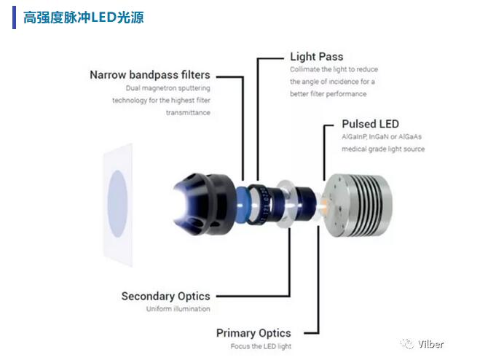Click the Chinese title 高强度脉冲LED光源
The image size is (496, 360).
click(x=84, y=17)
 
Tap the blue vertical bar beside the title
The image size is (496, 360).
click(x=15, y=17)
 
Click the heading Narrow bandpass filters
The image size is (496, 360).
click(x=150, y=75)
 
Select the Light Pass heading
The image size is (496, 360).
click(x=317, y=57)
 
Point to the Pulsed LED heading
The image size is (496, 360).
click(x=371, y=124)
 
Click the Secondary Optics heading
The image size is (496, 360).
click(x=166, y=297)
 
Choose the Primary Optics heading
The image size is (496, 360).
click(x=253, y=333)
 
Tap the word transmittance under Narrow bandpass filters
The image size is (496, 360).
click(x=188, y=113)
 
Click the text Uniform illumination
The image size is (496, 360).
click(x=178, y=309)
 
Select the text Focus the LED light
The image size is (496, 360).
click(x=261, y=346)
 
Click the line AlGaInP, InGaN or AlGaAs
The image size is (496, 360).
click(x=382, y=137)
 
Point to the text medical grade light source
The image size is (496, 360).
click(x=383, y=149)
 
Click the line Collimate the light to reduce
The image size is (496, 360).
click(x=334, y=69)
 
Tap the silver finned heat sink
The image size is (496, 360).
click(x=359, y=206)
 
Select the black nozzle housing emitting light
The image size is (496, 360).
click(x=204, y=204)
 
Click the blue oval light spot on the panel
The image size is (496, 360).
click(x=117, y=204)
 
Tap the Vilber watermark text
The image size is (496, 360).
click(x=430, y=344)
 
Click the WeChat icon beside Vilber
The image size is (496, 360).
click(x=407, y=344)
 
